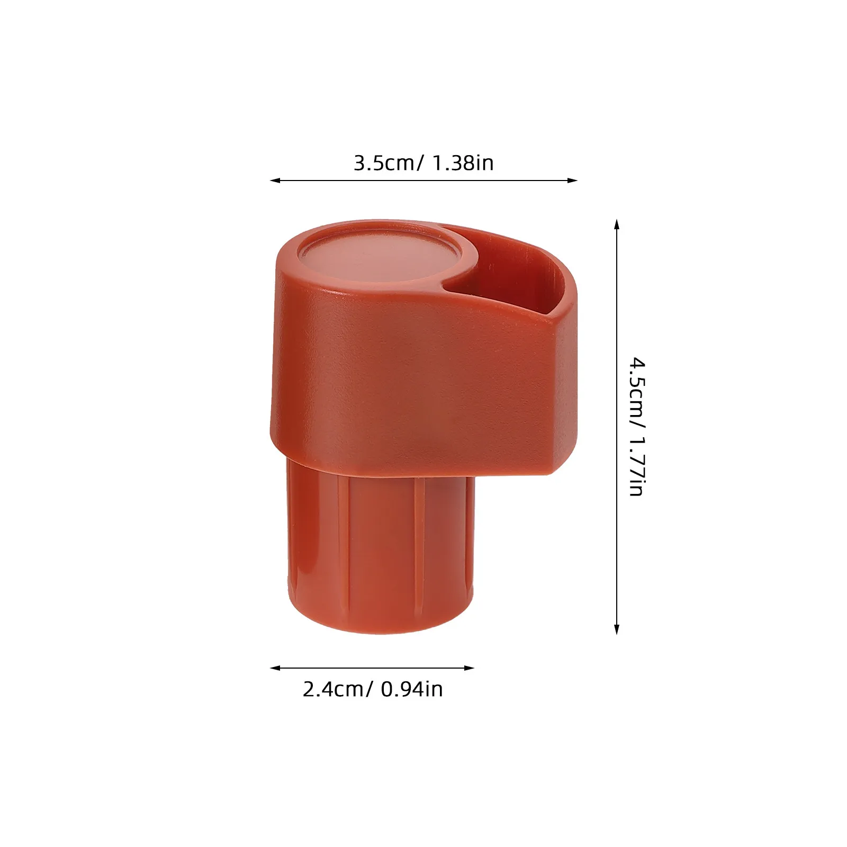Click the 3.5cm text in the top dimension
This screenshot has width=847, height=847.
click(x=385, y=163)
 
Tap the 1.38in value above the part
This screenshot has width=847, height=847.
click(x=463, y=163)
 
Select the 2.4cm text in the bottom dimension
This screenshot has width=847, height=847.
click(x=334, y=689)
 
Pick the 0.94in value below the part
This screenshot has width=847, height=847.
click(x=412, y=689)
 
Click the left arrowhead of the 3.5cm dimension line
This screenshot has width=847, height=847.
click(x=275, y=181)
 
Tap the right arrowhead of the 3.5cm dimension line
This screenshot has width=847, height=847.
click(x=572, y=181)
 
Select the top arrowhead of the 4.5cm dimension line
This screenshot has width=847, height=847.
click(x=616, y=224)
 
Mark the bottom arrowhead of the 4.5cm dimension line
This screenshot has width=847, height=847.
click(x=616, y=629)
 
